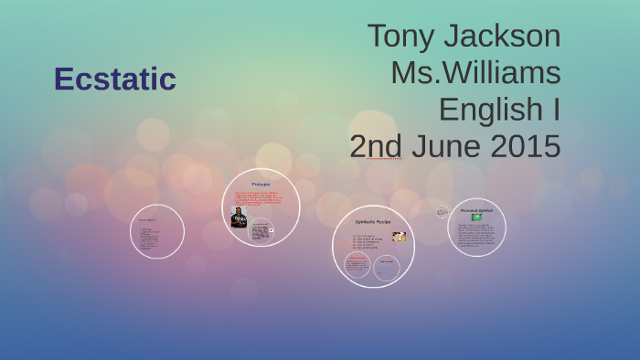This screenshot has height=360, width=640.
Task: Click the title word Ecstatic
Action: click(x=114, y=79)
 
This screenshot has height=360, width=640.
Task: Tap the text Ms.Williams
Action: click(x=475, y=73)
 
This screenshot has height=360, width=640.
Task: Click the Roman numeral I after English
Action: click(x=555, y=110)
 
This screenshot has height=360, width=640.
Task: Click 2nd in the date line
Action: click(x=375, y=146)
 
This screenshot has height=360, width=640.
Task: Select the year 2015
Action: click(x=523, y=146)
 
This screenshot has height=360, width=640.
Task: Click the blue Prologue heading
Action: click(x=261, y=185)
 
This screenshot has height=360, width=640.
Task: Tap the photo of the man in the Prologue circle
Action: click(x=240, y=217)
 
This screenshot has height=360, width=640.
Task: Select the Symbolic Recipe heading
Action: click(x=373, y=222)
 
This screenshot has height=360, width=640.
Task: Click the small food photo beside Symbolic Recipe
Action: click(x=399, y=237)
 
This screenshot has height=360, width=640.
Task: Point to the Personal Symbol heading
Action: click(x=476, y=210)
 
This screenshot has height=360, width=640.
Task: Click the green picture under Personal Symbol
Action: click(x=476, y=217)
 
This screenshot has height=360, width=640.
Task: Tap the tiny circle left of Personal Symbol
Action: click(x=443, y=211)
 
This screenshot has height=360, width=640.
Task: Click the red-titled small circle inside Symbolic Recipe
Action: click(x=357, y=265)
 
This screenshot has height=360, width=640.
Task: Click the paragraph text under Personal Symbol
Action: click(x=476, y=234)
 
